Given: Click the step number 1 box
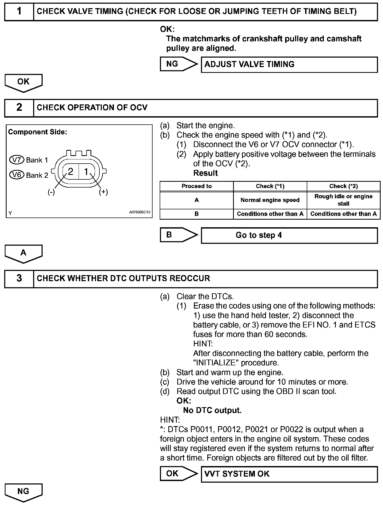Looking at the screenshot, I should pyautogui.click(x=19, y=12).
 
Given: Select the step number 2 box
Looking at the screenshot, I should pyautogui.click(x=19, y=108).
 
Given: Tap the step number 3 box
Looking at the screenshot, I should pyautogui.click(x=19, y=279).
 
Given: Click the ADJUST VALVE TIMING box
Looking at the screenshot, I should pyautogui.click(x=289, y=64).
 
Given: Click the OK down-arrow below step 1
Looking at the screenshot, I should pyautogui.click(x=23, y=83).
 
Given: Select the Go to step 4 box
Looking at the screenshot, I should pyautogui.click(x=289, y=235).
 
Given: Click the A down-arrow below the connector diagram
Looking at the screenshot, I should pyautogui.click(x=23, y=254).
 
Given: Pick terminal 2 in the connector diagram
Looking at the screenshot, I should pyautogui.click(x=70, y=172).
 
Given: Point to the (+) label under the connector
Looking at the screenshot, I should pyautogui.click(x=103, y=192).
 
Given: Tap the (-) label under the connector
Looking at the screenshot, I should pyautogui.click(x=51, y=192).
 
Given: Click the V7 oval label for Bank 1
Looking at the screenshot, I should pyautogui.click(x=17, y=160).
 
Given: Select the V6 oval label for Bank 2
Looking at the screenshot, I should pyautogui.click(x=17, y=175).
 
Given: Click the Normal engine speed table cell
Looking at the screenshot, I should pyautogui.click(x=270, y=200).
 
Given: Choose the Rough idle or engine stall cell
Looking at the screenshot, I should pyautogui.click(x=343, y=200).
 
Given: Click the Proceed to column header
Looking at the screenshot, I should pyautogui.click(x=196, y=186).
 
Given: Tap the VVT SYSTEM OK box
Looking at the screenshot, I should pyautogui.click(x=289, y=474).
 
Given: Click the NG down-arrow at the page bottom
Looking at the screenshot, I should pyautogui.click(x=23, y=492).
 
